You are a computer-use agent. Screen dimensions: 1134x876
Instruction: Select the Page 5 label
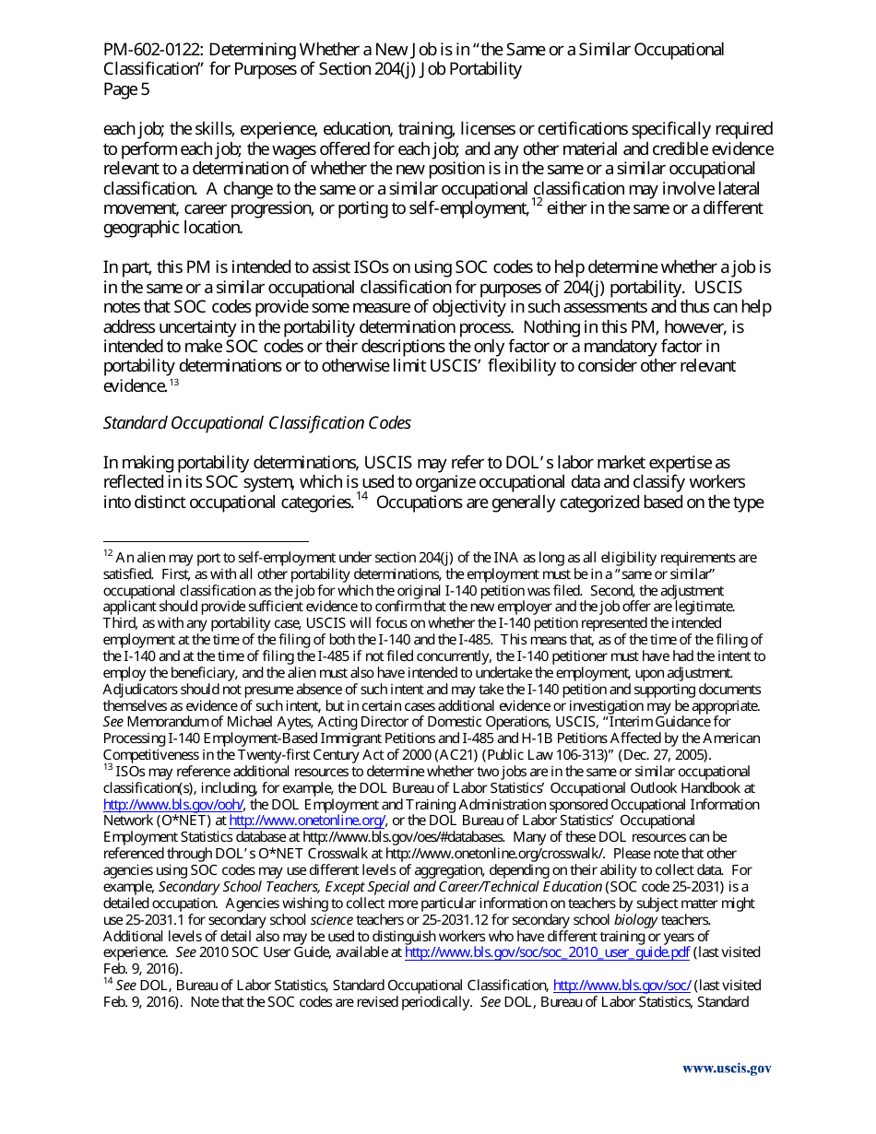click(x=126, y=89)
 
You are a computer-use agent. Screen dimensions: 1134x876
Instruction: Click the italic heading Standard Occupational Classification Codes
click(x=256, y=423)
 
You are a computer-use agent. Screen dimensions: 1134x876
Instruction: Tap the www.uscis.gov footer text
click(x=727, y=1069)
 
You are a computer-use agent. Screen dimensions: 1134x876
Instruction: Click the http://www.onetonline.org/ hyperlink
click(x=307, y=821)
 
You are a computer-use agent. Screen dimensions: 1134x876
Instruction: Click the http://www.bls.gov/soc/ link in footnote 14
click(x=621, y=986)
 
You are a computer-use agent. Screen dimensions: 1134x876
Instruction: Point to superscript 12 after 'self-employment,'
click(x=537, y=203)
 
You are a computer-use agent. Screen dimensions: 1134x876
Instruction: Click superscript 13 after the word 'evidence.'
click(x=173, y=382)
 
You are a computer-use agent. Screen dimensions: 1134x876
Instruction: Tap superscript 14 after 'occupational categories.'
click(x=361, y=498)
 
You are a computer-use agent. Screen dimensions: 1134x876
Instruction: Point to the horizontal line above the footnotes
click(x=206, y=542)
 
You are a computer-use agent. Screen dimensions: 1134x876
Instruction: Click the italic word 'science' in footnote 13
click(x=330, y=920)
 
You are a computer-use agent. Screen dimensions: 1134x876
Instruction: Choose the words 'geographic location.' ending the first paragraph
click(x=172, y=229)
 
